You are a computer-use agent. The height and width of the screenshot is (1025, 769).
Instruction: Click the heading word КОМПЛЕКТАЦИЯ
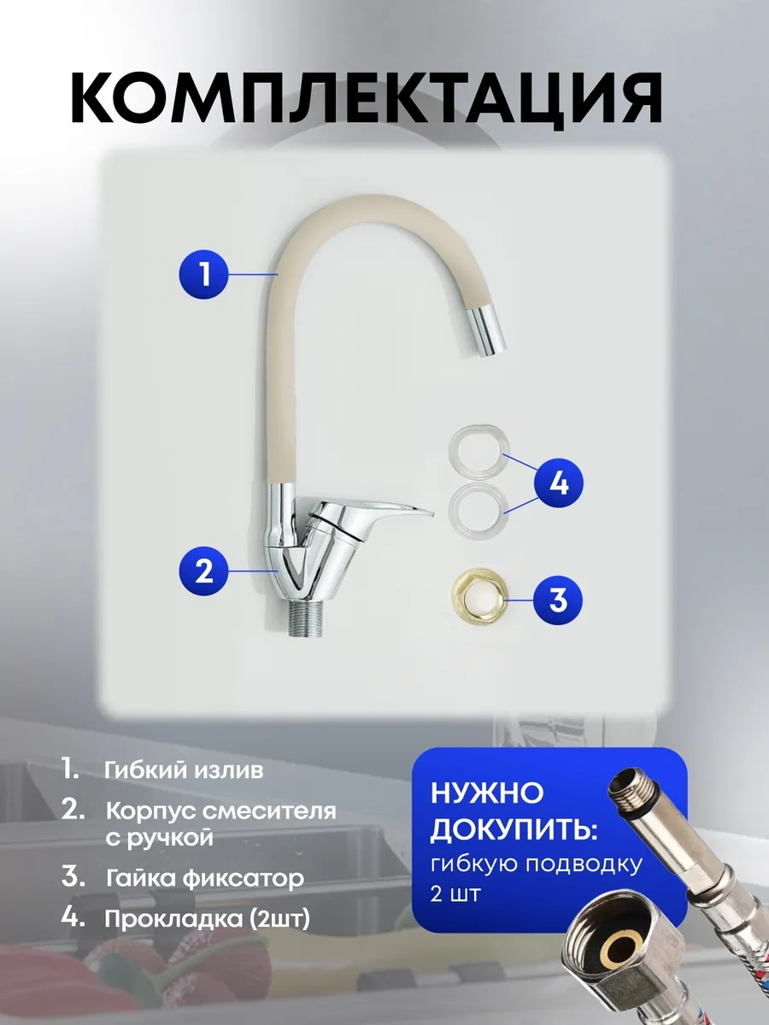[367, 101]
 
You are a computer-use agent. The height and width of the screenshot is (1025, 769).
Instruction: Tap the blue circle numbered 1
[204, 274]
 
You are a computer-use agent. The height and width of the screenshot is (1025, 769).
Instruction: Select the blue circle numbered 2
[204, 571]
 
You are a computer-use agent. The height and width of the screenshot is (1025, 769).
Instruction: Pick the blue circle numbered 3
[558, 600]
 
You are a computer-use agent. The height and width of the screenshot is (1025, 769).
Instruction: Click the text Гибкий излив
[184, 770]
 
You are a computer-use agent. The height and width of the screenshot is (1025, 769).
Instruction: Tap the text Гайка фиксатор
[205, 878]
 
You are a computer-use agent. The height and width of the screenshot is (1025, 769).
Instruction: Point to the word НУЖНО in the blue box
[486, 794]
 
